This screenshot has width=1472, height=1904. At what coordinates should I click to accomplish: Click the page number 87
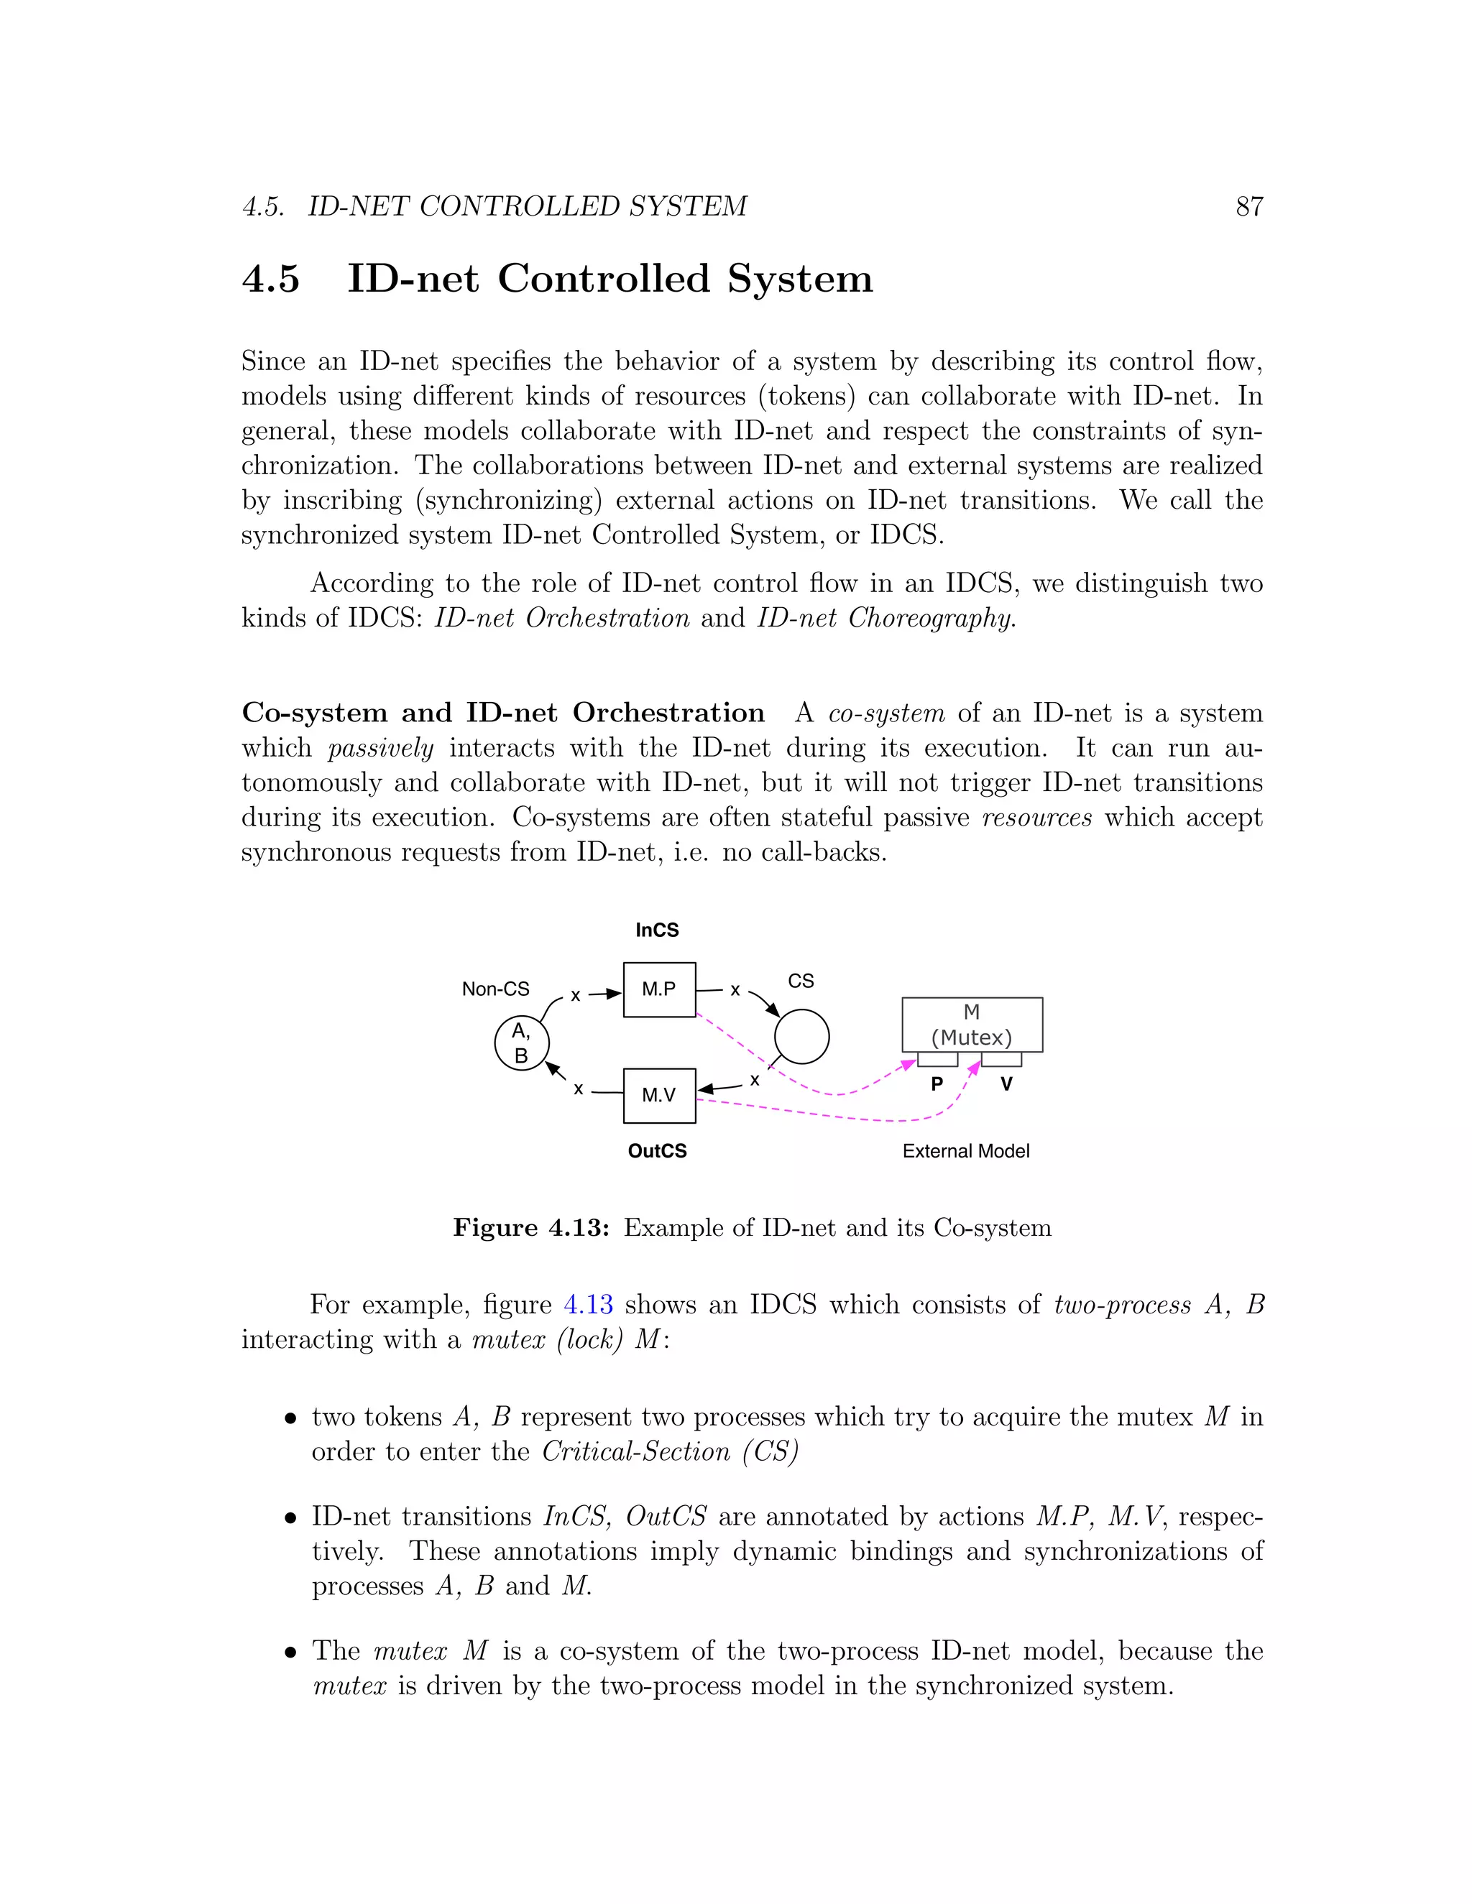tap(1248, 207)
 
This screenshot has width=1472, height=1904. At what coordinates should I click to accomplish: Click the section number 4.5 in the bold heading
tap(270, 279)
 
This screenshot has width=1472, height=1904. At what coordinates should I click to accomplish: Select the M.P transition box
tap(658, 989)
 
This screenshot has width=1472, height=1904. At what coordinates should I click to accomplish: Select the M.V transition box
tap(658, 1095)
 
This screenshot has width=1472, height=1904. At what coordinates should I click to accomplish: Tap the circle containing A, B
tap(522, 1043)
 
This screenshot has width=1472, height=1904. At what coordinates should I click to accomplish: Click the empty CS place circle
tap(801, 1037)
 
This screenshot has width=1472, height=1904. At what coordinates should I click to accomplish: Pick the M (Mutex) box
tap(972, 1025)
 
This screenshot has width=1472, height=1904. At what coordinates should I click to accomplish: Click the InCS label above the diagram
tap(657, 930)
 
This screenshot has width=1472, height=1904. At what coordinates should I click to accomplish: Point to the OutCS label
tap(657, 1151)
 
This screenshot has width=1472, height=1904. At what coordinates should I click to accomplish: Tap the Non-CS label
tap(495, 989)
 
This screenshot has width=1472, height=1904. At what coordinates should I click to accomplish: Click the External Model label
tap(965, 1151)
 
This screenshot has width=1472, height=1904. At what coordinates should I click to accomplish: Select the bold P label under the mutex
tap(937, 1084)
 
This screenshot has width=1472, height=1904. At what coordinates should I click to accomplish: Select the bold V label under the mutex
tap(1006, 1084)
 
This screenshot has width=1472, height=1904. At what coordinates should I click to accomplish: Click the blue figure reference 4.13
tap(588, 1304)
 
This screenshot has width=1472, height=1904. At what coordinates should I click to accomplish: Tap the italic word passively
tap(380, 748)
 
